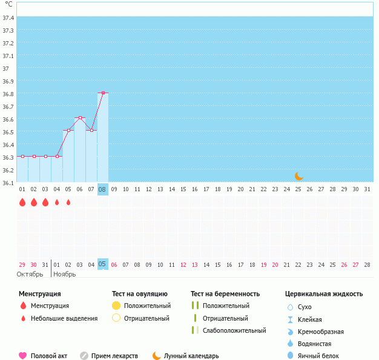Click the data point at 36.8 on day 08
(x=103, y=93)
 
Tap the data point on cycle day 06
(x=80, y=117)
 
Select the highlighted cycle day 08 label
(x=103, y=189)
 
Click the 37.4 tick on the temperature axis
(x=8, y=18)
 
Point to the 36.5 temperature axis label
(x=8, y=132)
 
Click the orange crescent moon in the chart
(x=298, y=176)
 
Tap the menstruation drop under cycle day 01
(x=22, y=202)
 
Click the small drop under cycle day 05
(x=68, y=202)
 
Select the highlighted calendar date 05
(x=103, y=264)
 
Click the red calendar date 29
(x=22, y=264)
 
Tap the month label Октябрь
(x=30, y=274)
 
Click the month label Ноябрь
(x=65, y=274)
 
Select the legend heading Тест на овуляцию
(x=140, y=294)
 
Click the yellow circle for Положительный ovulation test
(x=117, y=306)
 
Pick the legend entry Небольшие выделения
(x=64, y=318)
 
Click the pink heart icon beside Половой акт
(x=23, y=356)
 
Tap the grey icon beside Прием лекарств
(x=84, y=356)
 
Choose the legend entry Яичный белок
(x=319, y=356)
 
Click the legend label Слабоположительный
(x=234, y=330)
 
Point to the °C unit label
(x=8, y=5)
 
